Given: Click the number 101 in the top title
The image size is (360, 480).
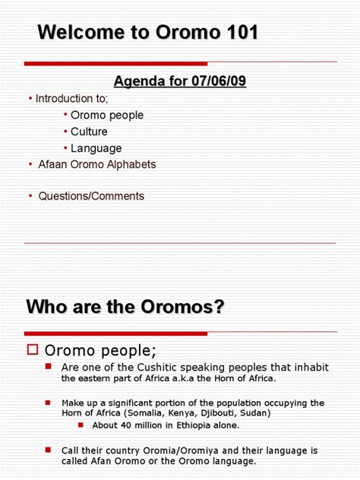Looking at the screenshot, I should point(238,33).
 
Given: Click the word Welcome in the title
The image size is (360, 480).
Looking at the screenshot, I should point(75,33).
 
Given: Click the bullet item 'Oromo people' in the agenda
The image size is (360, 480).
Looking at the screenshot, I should point(107,115).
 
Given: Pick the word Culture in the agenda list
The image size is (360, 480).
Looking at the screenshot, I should point(90,132).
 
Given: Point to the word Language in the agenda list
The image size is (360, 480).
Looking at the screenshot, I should point(96,148).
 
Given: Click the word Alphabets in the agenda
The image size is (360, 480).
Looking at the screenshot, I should point(130,164).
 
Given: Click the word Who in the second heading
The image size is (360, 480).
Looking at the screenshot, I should point(47,307).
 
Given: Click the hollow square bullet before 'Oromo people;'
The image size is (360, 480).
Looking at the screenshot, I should point(32,349).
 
